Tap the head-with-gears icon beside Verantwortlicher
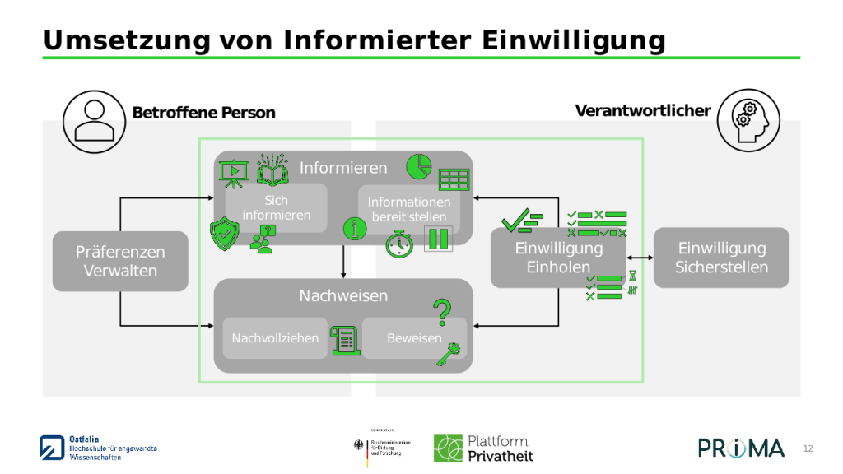pyautogui.click(x=748, y=120)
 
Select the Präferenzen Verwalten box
pyautogui.click(x=120, y=262)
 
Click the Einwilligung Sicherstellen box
pyautogui.click(x=721, y=258)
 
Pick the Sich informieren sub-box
pyautogui.click(x=277, y=208)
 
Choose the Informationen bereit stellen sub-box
pyautogui.click(x=409, y=209)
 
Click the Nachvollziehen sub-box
pyautogui.click(x=275, y=338)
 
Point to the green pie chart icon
pyautogui.click(x=419, y=166)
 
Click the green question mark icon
pyautogui.click(x=443, y=311)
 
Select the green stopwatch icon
pyautogui.click(x=399, y=244)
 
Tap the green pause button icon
pyautogui.click(x=437, y=239)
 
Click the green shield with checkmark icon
pyautogui.click(x=224, y=234)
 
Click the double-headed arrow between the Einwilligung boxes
pyautogui.click(x=640, y=258)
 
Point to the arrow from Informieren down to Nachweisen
pyautogui.click(x=343, y=262)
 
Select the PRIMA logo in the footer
pyautogui.click(x=741, y=448)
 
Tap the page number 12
pyautogui.click(x=808, y=448)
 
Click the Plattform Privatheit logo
pyautogui.click(x=483, y=448)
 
